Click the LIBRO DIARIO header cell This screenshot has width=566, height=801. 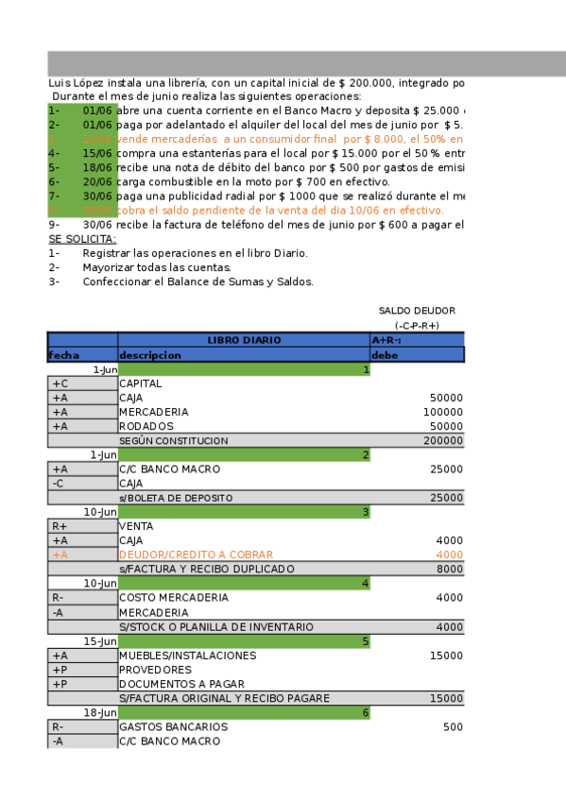coord(244,340)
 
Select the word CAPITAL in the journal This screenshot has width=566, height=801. coord(140,383)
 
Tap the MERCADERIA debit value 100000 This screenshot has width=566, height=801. coord(443,412)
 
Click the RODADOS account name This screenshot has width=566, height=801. coord(146,426)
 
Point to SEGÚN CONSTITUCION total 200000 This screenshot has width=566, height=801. coord(443,441)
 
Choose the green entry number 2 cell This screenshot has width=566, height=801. coord(244,455)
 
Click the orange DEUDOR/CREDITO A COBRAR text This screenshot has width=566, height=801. coord(196,554)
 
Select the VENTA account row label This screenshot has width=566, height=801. coord(136,526)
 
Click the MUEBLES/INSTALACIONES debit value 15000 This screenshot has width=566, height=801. coord(447,656)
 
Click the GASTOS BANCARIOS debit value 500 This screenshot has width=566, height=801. coord(453,727)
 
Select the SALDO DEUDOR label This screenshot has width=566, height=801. coord(417,310)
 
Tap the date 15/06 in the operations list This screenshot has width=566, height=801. coord(97,153)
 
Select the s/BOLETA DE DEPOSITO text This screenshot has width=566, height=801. coord(176,498)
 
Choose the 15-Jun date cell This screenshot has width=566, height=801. coord(100,641)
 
